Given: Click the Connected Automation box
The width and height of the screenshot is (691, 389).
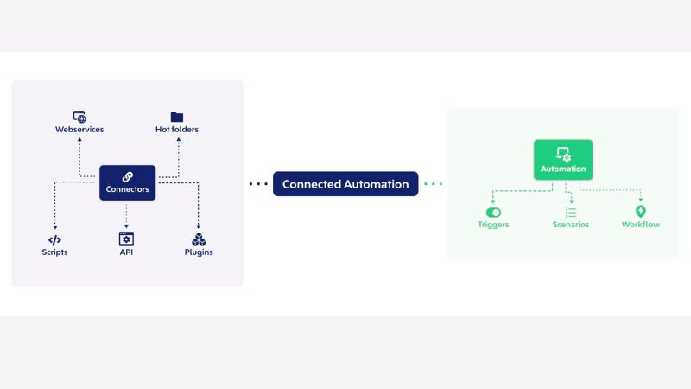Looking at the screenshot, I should coord(345,184).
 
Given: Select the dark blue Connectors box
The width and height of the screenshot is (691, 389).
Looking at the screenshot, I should coord(127,183).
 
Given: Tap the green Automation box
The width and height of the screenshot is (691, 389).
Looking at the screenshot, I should coord(563,160).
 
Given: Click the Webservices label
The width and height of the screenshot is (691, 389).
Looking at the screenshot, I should coord(79,130).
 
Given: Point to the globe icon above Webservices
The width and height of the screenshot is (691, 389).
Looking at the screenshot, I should coord(79,116).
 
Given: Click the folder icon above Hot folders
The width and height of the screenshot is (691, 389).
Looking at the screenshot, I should coord(177,116).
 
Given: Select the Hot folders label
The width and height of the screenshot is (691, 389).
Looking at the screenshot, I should coord(177,130).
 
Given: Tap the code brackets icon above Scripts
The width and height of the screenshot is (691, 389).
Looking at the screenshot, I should coord(54,239).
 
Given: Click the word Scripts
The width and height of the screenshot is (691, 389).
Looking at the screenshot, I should coord(54,252).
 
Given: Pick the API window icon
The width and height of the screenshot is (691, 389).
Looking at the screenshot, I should coord(127,239).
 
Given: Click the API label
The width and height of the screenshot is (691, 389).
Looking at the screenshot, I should coord(127,252).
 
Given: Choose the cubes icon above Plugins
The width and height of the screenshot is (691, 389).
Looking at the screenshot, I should coord(199,239).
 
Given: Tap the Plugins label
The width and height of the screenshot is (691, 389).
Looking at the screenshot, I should coord(199,252).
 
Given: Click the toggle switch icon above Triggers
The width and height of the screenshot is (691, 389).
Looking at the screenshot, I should coord(493,212).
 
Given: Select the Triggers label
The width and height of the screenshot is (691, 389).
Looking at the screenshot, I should coord(493,225).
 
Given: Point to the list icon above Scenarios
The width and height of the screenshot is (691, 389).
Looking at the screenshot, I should coord(571,212).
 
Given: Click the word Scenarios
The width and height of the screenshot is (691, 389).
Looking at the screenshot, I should coord(571,225).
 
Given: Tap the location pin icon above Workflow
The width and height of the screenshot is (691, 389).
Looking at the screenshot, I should coord(640,211).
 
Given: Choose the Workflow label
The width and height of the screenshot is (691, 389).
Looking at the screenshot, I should coord(640,225).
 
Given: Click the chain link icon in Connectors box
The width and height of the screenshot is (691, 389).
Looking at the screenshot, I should coord(127,176).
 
